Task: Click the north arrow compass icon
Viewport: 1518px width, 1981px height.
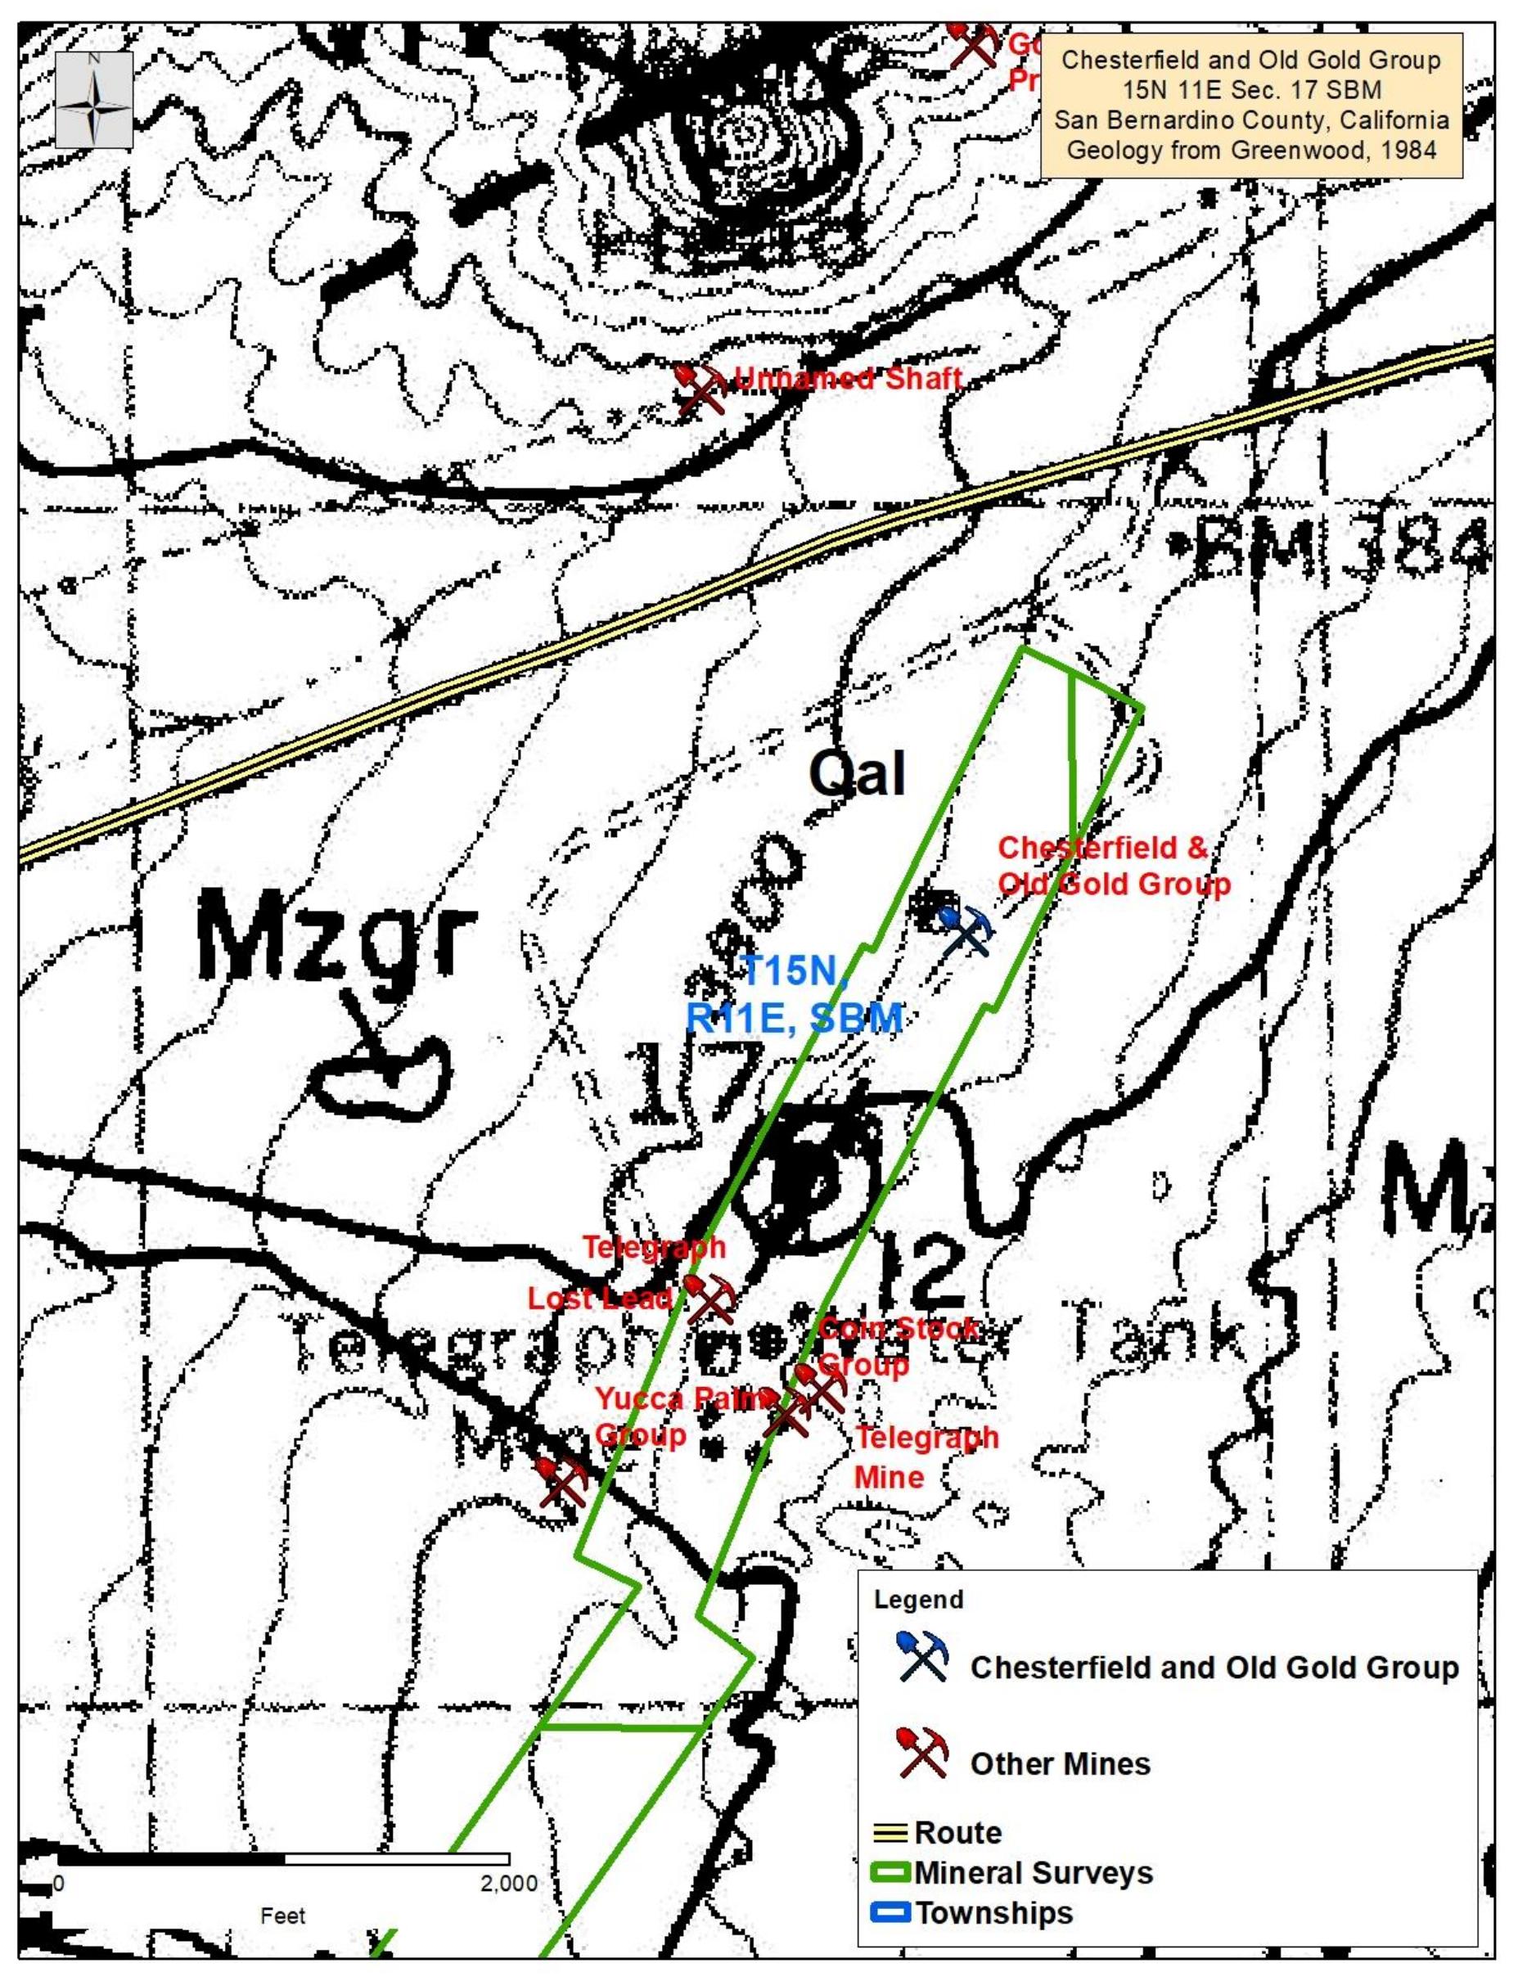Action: [x=94, y=101]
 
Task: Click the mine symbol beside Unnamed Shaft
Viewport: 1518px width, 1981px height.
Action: [x=701, y=389]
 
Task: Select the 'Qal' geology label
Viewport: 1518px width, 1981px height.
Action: [x=857, y=774]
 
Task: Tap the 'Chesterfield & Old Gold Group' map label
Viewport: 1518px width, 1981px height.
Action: [x=1113, y=866]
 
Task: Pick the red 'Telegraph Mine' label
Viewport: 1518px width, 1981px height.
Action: [x=926, y=1456]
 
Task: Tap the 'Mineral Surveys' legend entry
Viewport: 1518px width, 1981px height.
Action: [x=1033, y=1873]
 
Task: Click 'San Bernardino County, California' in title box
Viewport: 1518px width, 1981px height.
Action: [x=1251, y=119]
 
